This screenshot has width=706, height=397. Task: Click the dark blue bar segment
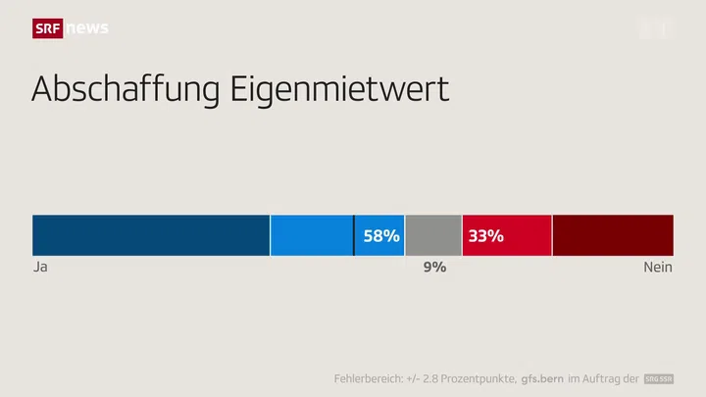click(x=151, y=235)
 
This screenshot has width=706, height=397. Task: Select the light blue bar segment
click(x=312, y=235)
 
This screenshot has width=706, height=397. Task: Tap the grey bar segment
click(x=433, y=235)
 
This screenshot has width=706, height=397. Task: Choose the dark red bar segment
click(x=613, y=235)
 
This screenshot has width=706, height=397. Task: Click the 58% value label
click(x=381, y=235)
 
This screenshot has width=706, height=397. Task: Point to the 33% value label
click(x=485, y=235)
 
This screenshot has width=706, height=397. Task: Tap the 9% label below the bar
click(x=434, y=267)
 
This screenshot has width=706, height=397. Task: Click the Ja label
click(x=40, y=267)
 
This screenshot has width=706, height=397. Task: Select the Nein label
click(x=658, y=267)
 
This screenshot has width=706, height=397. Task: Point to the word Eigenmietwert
click(x=339, y=89)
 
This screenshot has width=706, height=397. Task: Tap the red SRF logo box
click(x=47, y=28)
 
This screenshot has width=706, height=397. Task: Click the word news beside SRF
click(x=87, y=28)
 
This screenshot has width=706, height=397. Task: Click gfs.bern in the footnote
click(x=548, y=378)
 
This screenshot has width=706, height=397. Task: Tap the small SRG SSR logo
click(x=659, y=378)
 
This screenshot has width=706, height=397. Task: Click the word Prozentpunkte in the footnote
click(x=480, y=378)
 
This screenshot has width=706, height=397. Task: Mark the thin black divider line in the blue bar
click(x=354, y=235)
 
